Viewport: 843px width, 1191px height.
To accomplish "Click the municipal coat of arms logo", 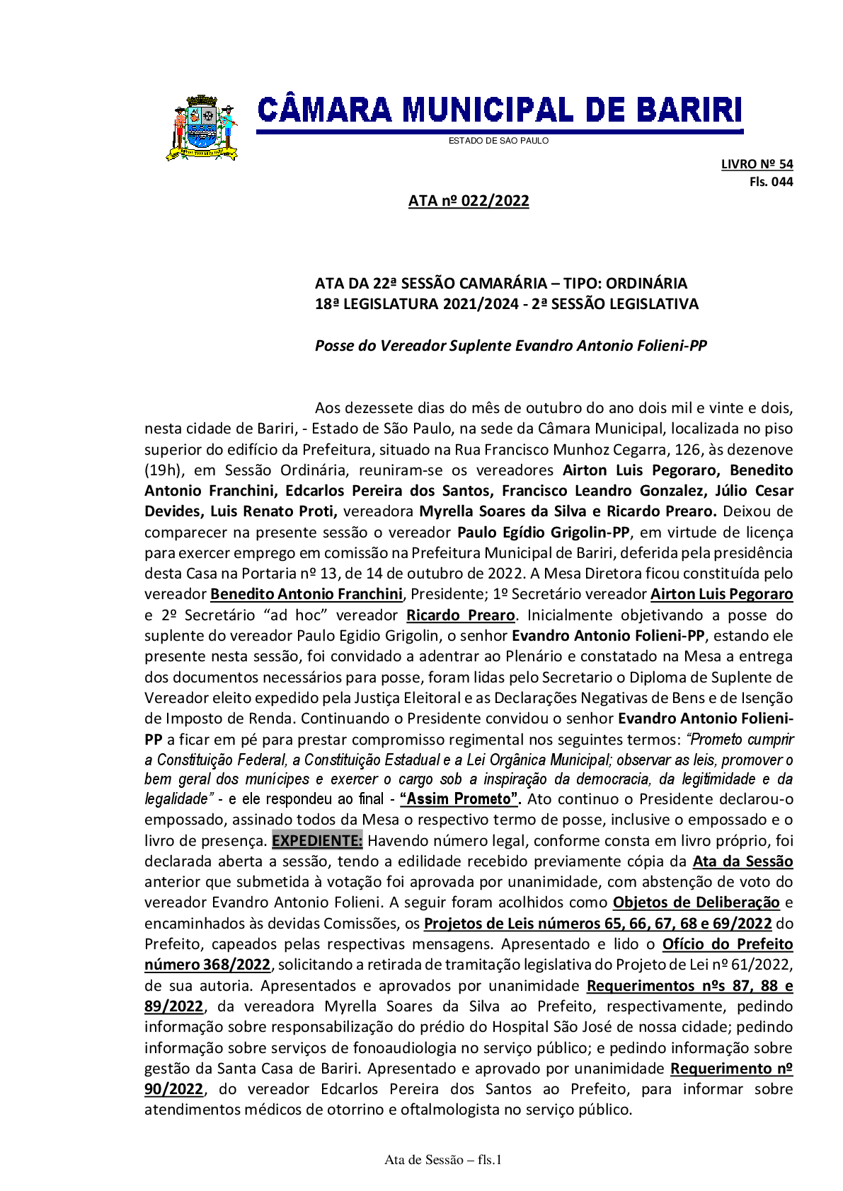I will (x=201, y=128).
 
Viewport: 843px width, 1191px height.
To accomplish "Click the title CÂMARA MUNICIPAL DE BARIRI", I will (x=499, y=111).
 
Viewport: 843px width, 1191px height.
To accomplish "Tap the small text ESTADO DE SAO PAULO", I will (x=498, y=141).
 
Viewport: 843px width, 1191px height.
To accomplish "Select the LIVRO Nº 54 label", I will (x=757, y=164).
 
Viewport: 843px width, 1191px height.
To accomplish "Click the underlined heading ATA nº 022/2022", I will (x=469, y=201).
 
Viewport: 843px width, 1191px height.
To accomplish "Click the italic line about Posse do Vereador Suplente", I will (x=510, y=346).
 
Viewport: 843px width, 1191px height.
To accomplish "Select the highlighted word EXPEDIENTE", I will (x=317, y=841).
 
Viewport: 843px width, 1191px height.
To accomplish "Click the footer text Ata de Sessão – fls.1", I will (x=443, y=1160).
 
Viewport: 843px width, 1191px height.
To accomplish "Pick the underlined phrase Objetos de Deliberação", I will (x=696, y=902).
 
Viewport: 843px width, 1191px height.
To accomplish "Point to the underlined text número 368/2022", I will (x=207, y=965).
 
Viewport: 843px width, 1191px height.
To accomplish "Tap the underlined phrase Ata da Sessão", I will (x=742, y=861).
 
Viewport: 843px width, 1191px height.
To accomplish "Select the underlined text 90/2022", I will (x=173, y=1089).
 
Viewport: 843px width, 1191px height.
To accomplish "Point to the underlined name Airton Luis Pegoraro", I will (x=721, y=594).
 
